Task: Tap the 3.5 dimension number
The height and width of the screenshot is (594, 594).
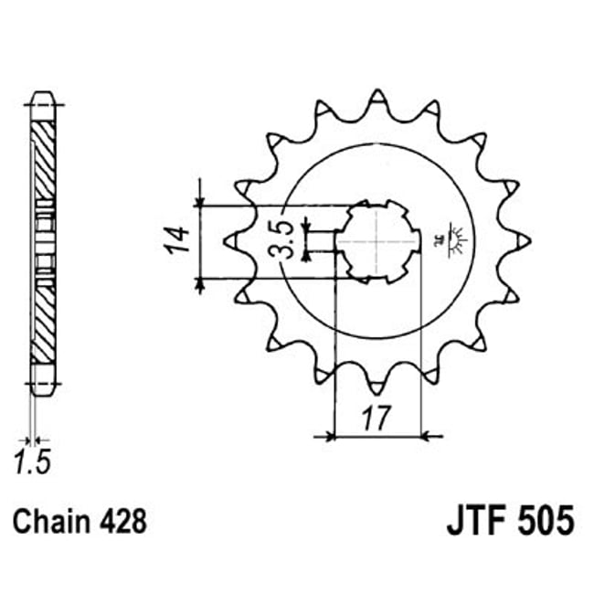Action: pos(285,239)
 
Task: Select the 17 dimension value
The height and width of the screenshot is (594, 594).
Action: pos(374,418)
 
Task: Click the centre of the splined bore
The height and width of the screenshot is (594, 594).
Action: pos(377,241)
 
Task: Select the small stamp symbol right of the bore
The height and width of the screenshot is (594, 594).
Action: pos(452,239)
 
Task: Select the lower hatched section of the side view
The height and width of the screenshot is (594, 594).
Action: pos(43,320)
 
